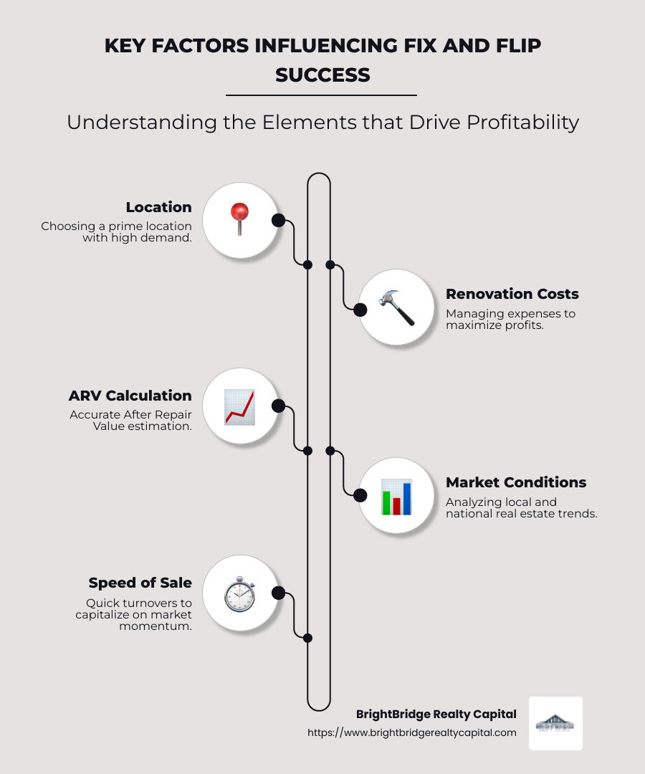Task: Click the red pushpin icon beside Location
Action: [239, 219]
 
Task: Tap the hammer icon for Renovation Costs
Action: [396, 307]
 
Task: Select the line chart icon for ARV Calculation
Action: [239, 407]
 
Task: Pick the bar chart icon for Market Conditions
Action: [396, 496]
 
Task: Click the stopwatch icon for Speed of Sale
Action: [239, 594]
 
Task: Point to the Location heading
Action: [158, 207]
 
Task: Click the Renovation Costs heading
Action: [512, 294]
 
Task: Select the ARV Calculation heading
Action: [130, 396]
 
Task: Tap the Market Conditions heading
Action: [516, 482]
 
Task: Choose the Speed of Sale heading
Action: [140, 583]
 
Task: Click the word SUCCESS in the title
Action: [322, 75]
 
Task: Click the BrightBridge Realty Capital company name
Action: [436, 714]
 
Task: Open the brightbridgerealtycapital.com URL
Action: [411, 732]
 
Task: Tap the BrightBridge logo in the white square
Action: [555, 723]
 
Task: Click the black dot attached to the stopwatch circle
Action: [279, 593]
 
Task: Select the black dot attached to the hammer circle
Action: [360, 310]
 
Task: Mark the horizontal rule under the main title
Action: [321, 95]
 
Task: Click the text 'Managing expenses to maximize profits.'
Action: [510, 319]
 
